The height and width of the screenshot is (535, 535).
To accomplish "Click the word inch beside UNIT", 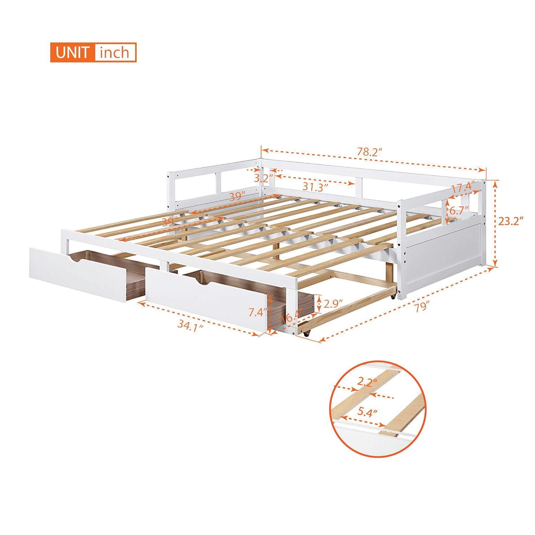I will click(x=114, y=53).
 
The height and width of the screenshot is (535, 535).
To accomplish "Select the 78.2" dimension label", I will click(x=370, y=152).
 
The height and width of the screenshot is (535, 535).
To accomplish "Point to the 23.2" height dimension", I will click(x=510, y=221).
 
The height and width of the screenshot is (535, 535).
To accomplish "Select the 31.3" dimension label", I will click(x=315, y=186).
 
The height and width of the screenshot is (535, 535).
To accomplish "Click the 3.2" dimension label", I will click(x=264, y=177).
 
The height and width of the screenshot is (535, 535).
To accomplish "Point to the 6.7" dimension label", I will click(x=459, y=211).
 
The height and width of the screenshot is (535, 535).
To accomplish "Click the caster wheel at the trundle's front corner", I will click(x=306, y=334).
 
